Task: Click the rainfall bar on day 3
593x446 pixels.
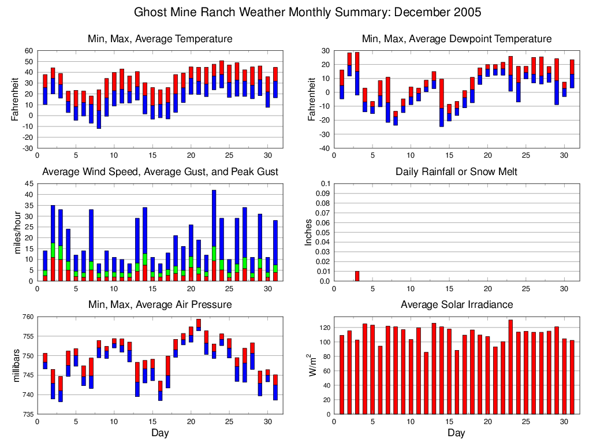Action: coord(357,276)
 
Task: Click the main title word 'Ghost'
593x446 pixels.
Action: coord(150,12)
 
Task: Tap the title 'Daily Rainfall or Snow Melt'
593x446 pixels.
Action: coord(456,172)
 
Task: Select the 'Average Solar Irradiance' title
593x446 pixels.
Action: coord(456,304)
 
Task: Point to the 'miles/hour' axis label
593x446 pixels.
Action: coord(17,232)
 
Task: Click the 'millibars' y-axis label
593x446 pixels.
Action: coord(17,366)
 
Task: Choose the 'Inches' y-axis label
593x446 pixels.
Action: coord(309,232)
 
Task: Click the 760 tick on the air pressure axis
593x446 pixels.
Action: coord(27,317)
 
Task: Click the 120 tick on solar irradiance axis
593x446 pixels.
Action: coord(324,328)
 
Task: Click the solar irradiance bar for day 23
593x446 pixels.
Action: coord(510,367)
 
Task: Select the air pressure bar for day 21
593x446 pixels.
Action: coord(198,325)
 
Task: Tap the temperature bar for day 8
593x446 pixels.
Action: coord(99,109)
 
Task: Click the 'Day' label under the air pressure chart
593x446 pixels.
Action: coord(160,433)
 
